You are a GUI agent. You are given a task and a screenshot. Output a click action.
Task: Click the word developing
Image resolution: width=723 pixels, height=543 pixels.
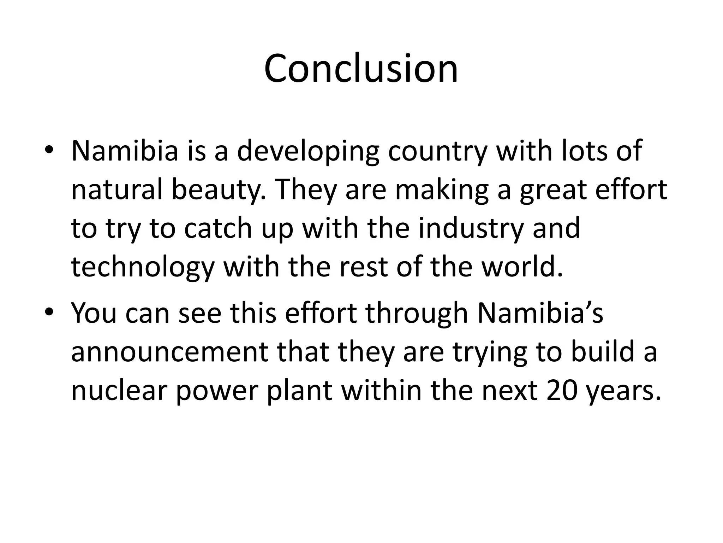[307, 151]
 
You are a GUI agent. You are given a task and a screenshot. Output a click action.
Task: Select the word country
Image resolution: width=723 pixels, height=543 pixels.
[437, 151]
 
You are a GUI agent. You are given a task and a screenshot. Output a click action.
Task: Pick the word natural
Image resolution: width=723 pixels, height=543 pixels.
[116, 189]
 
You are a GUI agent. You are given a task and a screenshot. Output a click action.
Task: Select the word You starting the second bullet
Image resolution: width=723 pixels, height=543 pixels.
[94, 313]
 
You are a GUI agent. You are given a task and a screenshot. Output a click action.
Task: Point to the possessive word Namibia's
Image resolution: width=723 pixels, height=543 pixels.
[540, 313]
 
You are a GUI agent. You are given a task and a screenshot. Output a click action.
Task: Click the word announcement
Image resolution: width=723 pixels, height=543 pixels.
[170, 352]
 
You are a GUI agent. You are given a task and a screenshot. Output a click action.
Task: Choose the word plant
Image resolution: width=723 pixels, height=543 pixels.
[300, 391]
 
